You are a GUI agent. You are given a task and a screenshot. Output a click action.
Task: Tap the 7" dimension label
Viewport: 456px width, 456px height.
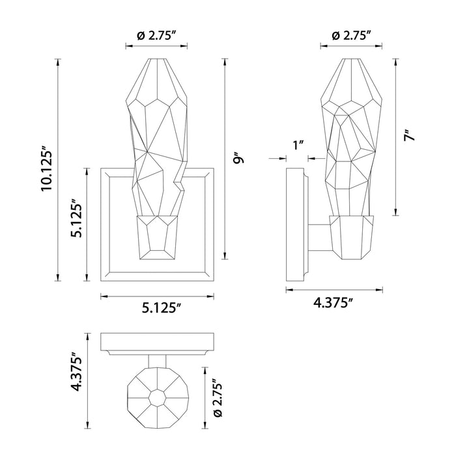410,136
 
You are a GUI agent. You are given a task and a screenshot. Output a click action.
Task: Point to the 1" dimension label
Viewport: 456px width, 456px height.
298,145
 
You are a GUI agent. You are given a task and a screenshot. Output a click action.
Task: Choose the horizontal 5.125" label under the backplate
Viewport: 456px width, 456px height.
162,308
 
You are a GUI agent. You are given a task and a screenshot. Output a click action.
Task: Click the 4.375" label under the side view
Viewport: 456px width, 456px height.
334,303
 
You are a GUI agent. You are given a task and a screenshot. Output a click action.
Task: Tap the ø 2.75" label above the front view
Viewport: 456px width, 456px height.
156,36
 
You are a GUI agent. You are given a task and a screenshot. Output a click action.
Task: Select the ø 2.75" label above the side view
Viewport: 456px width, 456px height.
351,36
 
